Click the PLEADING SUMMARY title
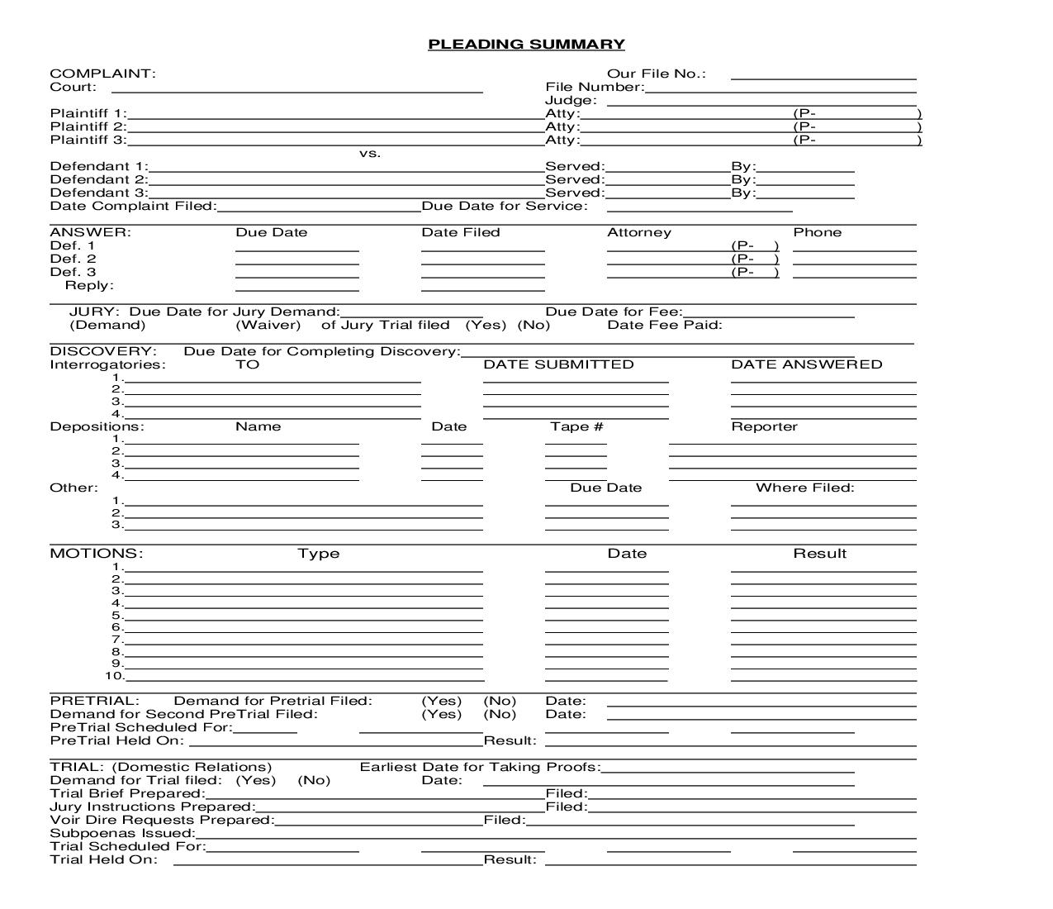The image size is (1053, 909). point(526,45)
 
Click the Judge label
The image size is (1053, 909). point(570,100)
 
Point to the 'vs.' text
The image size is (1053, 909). point(369,153)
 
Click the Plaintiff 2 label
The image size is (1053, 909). point(88,126)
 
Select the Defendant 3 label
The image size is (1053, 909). point(98,193)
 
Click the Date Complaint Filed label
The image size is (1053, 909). point(133,206)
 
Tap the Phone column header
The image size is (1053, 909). point(817,232)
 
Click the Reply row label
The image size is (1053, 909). point(89,285)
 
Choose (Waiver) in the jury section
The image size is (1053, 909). point(268,325)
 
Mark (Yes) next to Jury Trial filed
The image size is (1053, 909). point(486,325)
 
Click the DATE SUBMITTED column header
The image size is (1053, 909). point(558,364)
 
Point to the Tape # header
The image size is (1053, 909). point(576,426)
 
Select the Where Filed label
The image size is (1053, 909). point(804,488)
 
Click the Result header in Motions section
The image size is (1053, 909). point(819,554)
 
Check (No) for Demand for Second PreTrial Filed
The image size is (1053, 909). point(500,714)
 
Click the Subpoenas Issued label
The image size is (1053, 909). point(122,833)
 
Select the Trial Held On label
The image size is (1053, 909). point(103,859)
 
